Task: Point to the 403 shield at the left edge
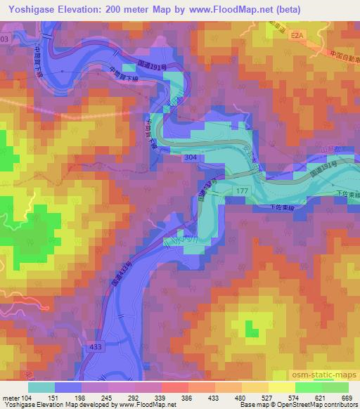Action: coord(4,41)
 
